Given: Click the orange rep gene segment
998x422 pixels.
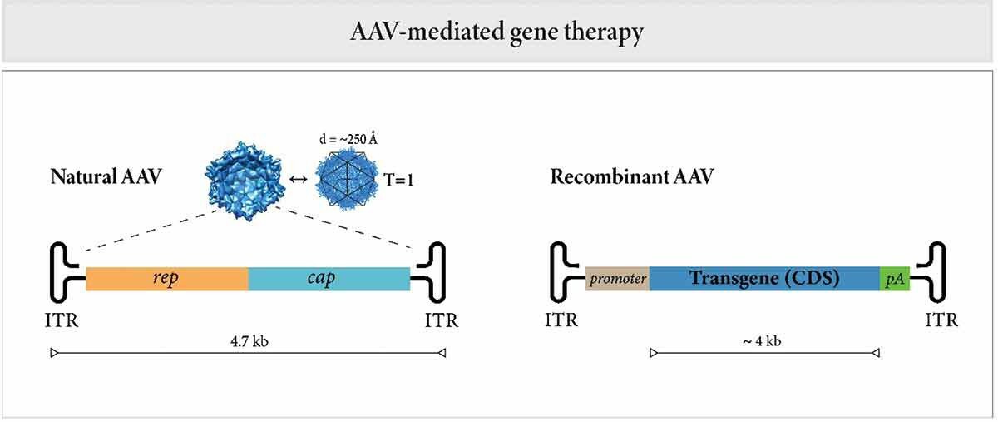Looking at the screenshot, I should (166, 279).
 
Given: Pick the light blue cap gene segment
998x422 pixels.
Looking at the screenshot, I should (329, 279).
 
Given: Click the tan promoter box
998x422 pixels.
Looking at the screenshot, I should (617, 279).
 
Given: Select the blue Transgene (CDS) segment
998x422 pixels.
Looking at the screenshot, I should (763, 279).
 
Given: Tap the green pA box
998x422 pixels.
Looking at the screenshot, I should (895, 279).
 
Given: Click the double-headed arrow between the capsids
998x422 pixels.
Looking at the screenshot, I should (298, 178).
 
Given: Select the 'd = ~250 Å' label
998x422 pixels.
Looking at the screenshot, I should (349, 138).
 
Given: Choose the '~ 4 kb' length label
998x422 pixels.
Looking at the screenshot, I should (763, 340).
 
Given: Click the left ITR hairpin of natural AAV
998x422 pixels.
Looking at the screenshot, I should (67, 274).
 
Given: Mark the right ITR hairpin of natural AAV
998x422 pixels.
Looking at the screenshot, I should (431, 274).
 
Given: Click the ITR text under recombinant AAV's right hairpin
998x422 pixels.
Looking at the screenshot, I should (941, 320).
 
